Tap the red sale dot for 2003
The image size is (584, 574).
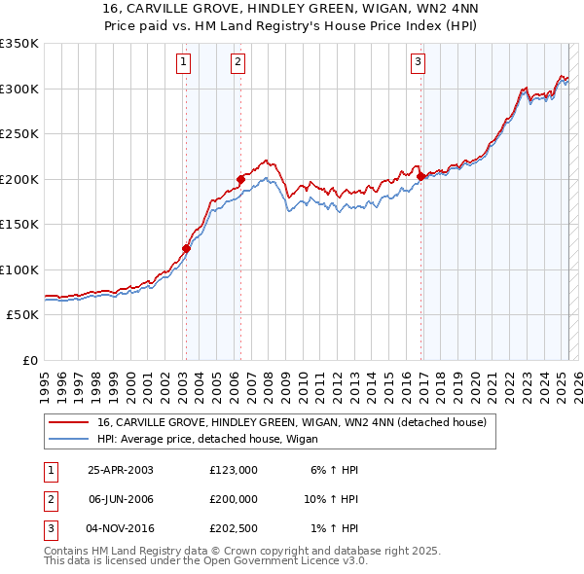click(186, 248)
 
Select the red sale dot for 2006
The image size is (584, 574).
click(239, 179)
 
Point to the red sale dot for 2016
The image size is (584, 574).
click(420, 176)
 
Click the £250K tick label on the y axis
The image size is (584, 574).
click(19, 134)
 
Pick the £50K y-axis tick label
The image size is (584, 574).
click(22, 315)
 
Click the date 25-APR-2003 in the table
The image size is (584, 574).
click(121, 470)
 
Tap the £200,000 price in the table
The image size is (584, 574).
click(234, 499)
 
